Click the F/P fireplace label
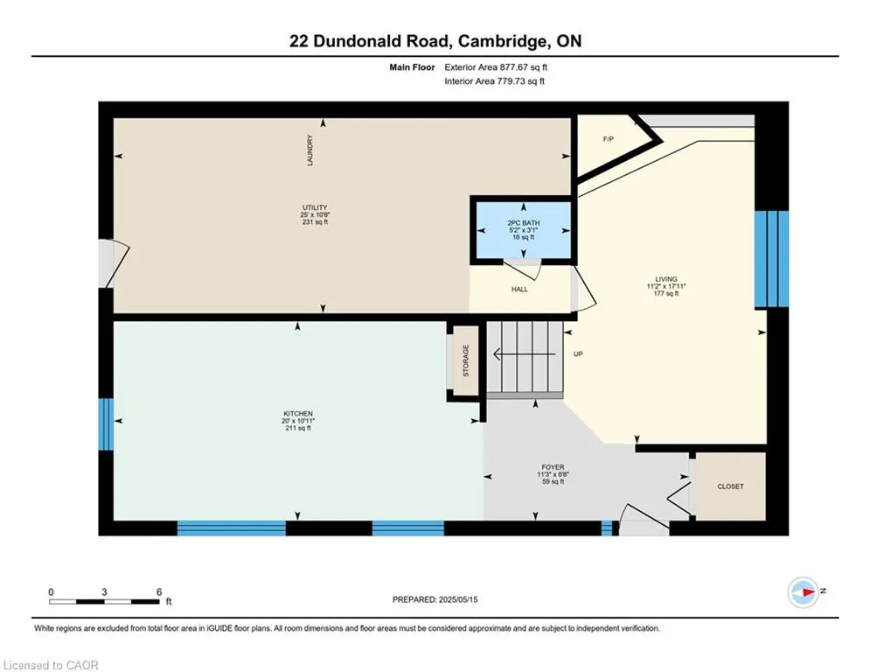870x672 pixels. [x=608, y=139]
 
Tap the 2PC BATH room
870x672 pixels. [x=523, y=230]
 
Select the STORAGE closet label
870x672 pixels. [x=465, y=360]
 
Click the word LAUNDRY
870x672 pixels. [x=310, y=150]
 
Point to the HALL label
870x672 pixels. [x=519, y=290]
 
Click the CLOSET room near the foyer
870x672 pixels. [x=730, y=486]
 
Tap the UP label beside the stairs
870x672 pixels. [x=578, y=354]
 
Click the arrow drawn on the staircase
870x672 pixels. [x=525, y=354]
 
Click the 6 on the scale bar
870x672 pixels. [x=158, y=592]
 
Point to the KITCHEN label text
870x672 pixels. [x=297, y=414]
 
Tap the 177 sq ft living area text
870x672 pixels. [x=666, y=294]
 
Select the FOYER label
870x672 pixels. [x=553, y=467]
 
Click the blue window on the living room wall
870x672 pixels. [x=772, y=258]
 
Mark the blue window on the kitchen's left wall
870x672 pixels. [x=106, y=424]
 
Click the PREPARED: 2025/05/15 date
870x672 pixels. [x=435, y=599]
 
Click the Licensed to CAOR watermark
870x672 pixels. [x=51, y=665]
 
